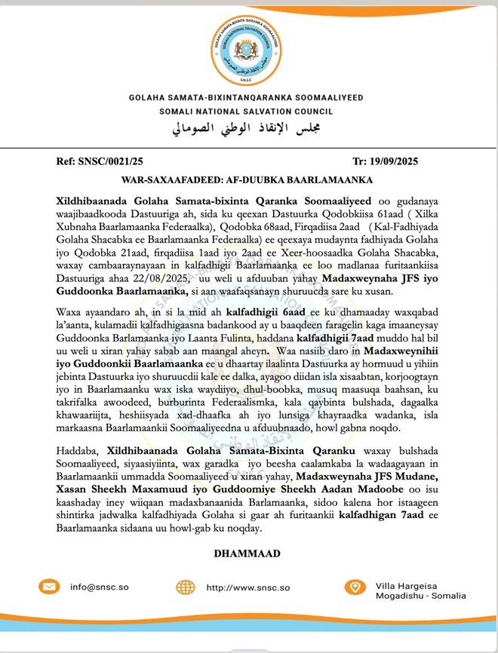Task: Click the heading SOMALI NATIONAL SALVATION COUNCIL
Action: [247, 112]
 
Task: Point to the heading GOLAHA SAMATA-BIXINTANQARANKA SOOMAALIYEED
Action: [247, 98]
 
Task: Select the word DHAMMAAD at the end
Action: [247, 553]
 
